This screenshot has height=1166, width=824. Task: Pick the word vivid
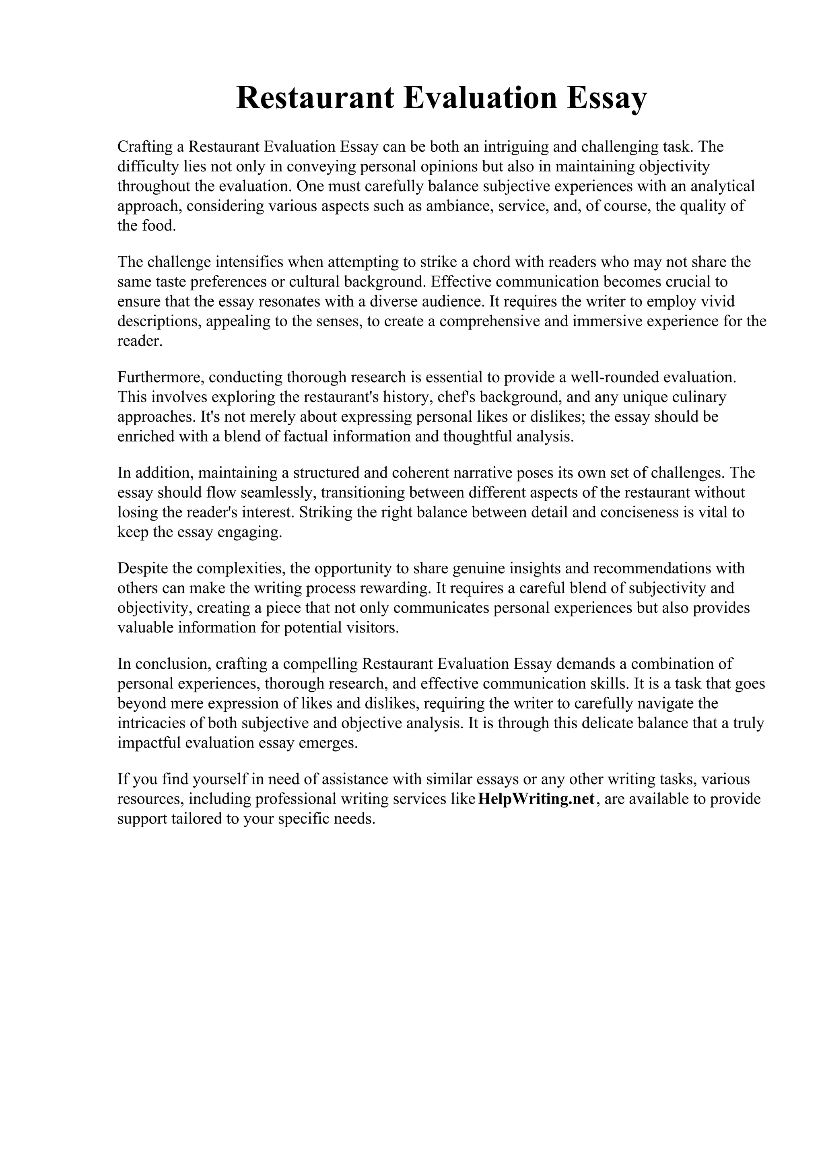point(717,302)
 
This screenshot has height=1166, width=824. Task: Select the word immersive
point(611,321)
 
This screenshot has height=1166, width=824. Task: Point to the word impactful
point(149,743)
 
